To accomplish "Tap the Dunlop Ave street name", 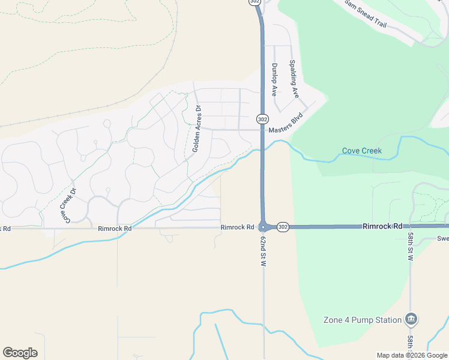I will tap(274, 80).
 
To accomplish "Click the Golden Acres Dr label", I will tap(196, 128).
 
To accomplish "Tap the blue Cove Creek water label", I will tap(361, 151).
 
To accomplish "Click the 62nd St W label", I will tap(264, 251).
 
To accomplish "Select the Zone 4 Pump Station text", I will tap(362, 320).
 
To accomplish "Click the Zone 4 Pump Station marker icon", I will tap(411, 319).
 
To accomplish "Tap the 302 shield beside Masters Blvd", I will tap(262, 119).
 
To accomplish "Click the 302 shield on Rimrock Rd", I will tap(283, 227).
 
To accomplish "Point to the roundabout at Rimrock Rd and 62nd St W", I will tap(263, 227).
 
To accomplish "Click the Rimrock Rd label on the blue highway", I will tap(382, 226).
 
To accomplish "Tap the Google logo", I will tap(20, 353).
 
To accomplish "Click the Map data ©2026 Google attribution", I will tap(412, 355).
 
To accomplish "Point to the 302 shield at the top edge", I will tap(254, 2).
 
